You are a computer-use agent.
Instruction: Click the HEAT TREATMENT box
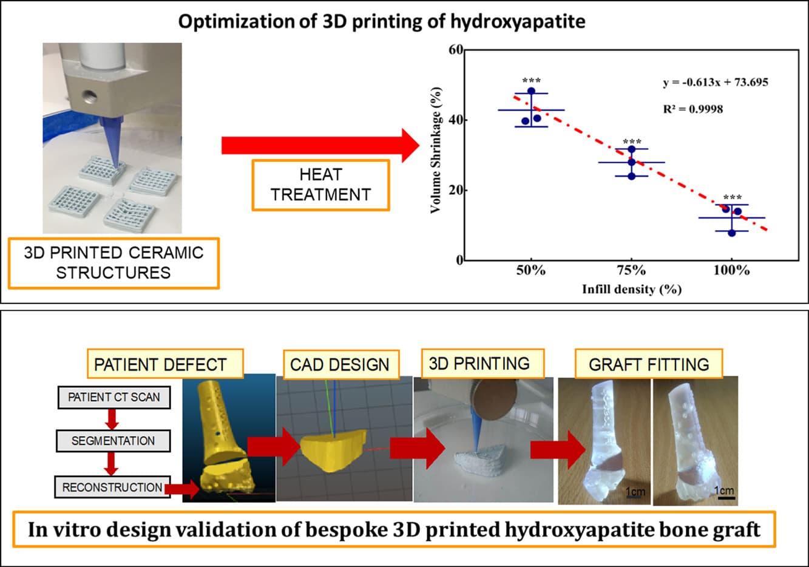tap(320, 185)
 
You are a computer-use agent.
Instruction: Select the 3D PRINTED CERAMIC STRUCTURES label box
tap(113, 263)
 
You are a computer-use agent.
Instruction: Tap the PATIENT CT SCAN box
tap(113, 397)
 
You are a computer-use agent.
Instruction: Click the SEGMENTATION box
tap(113, 441)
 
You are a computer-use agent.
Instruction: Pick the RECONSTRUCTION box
tap(112, 487)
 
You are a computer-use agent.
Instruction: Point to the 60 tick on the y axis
tap(456, 50)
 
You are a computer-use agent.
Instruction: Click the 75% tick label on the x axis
tap(631, 270)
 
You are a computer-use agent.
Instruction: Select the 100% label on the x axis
tap(732, 270)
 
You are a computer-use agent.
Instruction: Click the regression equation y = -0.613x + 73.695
tap(716, 83)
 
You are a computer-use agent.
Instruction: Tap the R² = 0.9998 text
tap(693, 109)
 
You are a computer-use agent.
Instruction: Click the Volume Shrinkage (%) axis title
tap(436, 150)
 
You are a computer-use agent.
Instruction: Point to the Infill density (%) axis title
tap(632, 290)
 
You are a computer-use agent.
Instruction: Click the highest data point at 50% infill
tap(531, 91)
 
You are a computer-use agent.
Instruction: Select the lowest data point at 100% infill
tap(732, 233)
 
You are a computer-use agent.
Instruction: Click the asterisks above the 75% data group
tap(632, 141)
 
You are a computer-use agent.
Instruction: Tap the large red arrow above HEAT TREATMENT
tap(320, 146)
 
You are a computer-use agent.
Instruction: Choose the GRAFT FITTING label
tap(649, 364)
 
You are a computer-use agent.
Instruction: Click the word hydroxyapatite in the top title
tap(518, 22)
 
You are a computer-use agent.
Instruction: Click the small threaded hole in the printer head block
tap(89, 97)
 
